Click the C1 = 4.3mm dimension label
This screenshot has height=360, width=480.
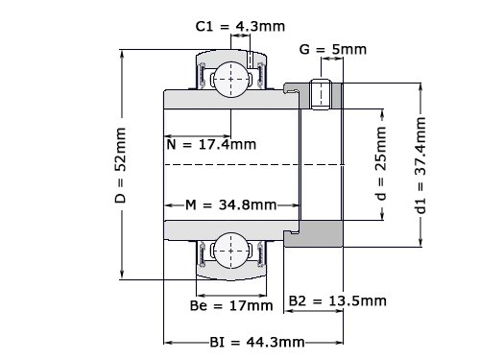point(240,26)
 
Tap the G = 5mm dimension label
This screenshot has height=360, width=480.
point(333,49)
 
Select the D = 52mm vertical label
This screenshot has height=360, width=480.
point(121,165)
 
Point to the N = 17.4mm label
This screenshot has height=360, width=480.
point(211,145)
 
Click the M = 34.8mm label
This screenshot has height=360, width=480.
point(231,204)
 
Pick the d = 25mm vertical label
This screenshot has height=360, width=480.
point(381,163)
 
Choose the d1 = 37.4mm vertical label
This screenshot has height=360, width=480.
point(420,165)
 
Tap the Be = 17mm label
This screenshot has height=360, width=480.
point(231,305)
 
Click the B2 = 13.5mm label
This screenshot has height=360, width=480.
point(338,300)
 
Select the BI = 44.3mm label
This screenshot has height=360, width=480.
point(257,343)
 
